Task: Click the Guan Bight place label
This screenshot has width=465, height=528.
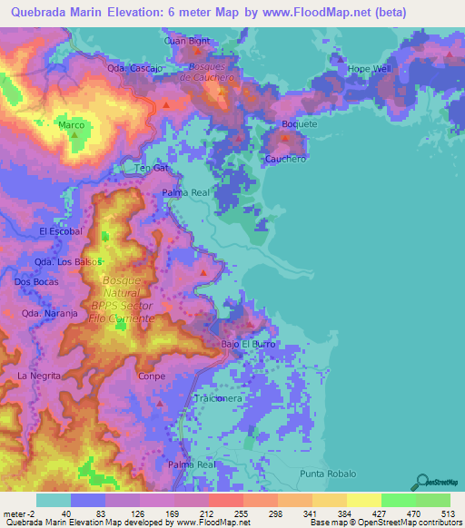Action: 187,42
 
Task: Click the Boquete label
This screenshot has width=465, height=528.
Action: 300,123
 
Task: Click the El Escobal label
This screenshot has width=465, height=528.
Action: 61,231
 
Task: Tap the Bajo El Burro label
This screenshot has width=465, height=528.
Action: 247,345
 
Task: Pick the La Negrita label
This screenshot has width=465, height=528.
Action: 39,375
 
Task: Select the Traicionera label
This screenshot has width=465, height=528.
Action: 218,398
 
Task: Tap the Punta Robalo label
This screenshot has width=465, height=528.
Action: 328,474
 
